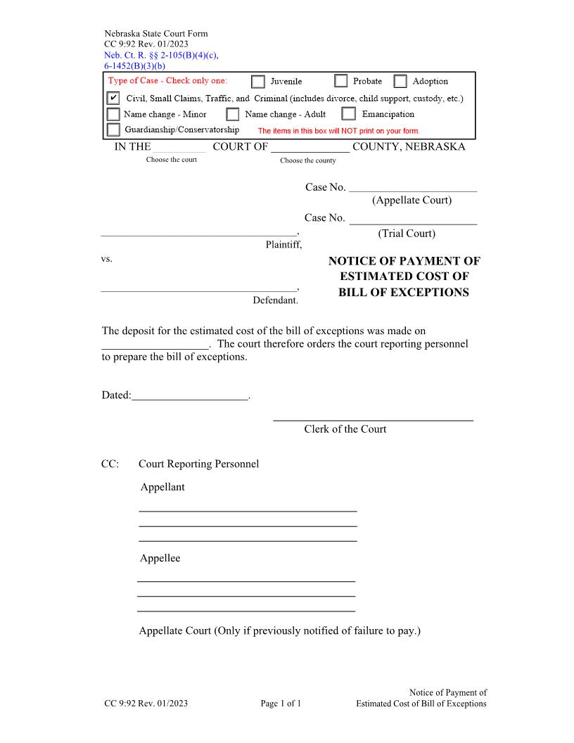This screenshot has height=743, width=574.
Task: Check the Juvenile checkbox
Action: tap(258, 82)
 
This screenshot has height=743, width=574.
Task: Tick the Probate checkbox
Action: tap(341, 81)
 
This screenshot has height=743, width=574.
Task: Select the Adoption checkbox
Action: tap(400, 82)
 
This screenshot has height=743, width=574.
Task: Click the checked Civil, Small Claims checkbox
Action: tap(113, 99)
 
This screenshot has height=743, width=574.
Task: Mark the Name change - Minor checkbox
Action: tap(113, 114)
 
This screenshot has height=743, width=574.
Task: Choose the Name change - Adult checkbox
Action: tap(233, 114)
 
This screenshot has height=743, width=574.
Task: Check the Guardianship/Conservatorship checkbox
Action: tap(113, 129)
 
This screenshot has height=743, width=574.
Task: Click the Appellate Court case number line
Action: tap(413, 187)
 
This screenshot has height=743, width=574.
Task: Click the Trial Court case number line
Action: tap(413, 219)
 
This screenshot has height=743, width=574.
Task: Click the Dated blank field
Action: tap(190, 396)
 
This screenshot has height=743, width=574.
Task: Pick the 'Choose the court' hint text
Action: tap(172, 160)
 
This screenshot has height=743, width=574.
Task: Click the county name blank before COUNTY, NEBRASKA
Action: tap(310, 148)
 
